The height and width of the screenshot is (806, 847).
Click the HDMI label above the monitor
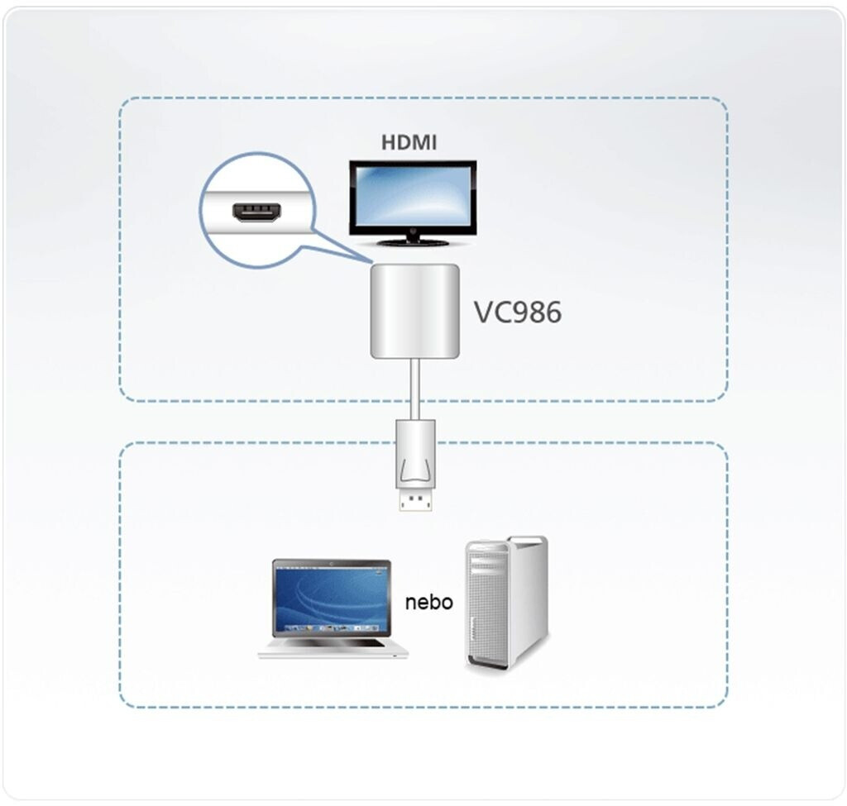(409, 142)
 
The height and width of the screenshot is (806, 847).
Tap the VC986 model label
(518, 312)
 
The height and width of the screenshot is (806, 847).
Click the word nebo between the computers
(429, 602)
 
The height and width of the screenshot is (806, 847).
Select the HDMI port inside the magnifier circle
(257, 212)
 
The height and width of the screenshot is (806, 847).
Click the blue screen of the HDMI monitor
(413, 198)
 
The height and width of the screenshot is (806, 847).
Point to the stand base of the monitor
(414, 242)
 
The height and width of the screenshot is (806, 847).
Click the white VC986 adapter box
(415, 311)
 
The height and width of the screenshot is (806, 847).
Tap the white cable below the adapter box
(415, 389)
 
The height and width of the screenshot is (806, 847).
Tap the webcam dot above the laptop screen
(331, 563)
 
